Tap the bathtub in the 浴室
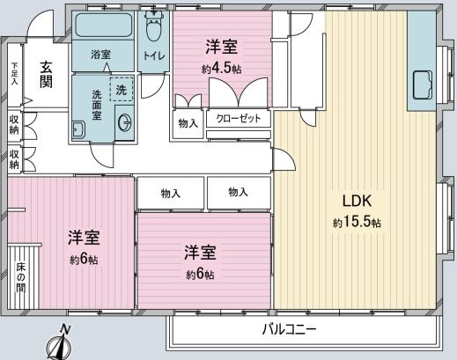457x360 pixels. tap(103, 25)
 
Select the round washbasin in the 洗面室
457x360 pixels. tap(124, 122)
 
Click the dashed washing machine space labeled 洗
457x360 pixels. tap(122, 89)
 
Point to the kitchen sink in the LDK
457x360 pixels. tap(423, 84)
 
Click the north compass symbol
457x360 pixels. tap(60, 342)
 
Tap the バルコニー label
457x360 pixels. tap(289, 330)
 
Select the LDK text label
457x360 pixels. tap(357, 202)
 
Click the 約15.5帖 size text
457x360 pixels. tap(357, 223)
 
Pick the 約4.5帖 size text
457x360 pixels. tap(222, 69)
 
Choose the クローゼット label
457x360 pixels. tap(239, 119)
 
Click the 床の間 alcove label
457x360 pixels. tap(20, 277)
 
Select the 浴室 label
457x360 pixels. tap(100, 55)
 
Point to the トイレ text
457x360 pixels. tap(154, 55)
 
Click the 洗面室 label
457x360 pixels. tap(97, 105)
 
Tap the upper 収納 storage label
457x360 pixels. tap(14, 125)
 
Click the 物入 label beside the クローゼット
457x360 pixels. tap(188, 123)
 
